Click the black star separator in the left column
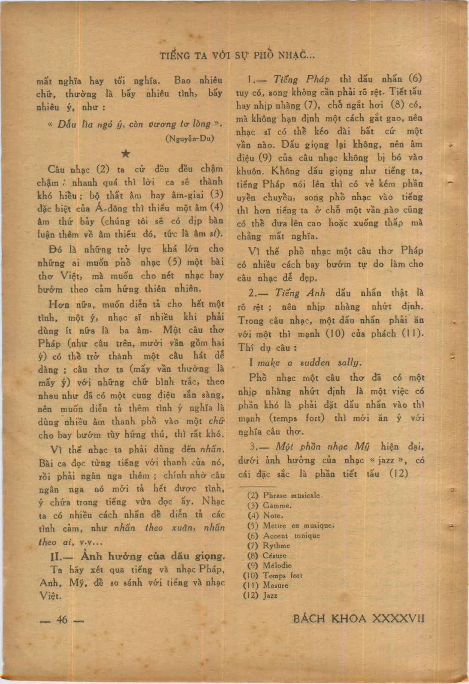[126, 154]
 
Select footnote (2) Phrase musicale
[285, 495]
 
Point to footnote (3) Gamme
[270, 505]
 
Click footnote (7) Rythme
[269, 545]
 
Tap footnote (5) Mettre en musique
[291, 526]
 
